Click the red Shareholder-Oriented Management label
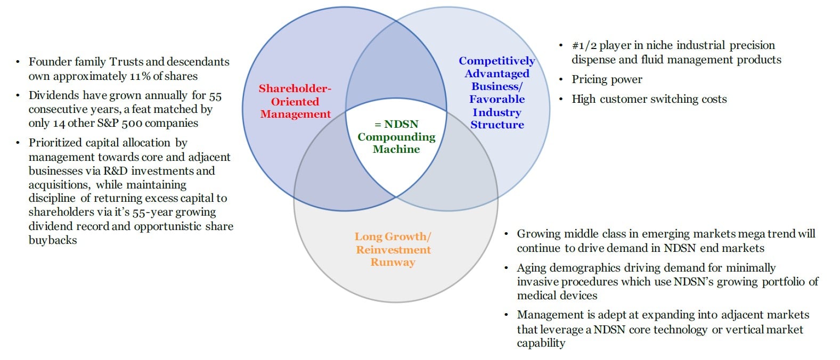pos(295,101)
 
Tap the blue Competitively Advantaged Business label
pos(497,93)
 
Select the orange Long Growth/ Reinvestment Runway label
pos(393,249)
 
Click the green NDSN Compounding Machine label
pos(396,137)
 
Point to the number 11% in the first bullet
pos(140,76)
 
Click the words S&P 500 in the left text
pos(111,123)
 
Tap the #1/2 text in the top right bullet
pos(584,46)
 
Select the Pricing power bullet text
pos(607,79)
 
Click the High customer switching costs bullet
pos(649,99)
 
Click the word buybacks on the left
pos(53,240)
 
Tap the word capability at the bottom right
pos(541,343)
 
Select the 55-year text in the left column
pos(152,212)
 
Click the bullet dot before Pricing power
pos(561,80)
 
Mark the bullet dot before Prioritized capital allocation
pos(18,143)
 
